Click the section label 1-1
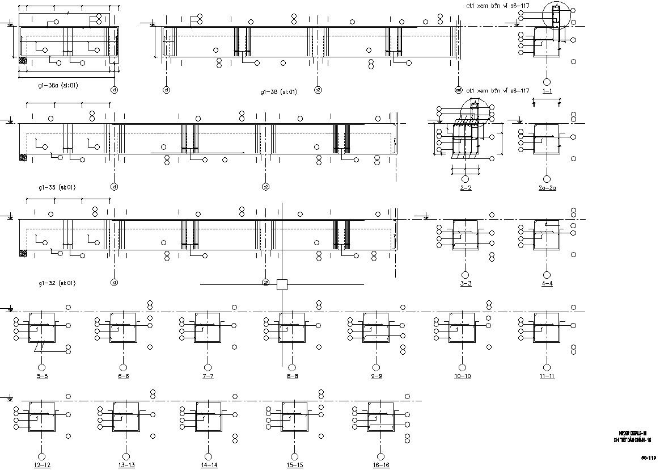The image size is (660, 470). [x=547, y=91]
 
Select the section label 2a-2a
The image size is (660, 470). [x=547, y=187]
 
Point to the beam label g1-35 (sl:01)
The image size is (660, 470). [x=57, y=187]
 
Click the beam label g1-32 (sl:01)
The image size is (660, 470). [x=57, y=283]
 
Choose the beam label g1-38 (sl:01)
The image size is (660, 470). [x=278, y=91]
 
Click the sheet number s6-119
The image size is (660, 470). [x=649, y=457]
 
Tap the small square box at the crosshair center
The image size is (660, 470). [x=282, y=284]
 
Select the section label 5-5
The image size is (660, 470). [x=41, y=376]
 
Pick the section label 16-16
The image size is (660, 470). [x=381, y=465]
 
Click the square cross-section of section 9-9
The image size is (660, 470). [x=376, y=327]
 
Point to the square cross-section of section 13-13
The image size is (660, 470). [x=126, y=416]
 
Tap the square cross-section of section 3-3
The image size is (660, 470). [x=466, y=235]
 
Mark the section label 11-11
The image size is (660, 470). [x=547, y=376]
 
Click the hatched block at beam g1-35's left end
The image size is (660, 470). [x=23, y=157]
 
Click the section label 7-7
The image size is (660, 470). [x=208, y=376]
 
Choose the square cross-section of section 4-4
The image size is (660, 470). [x=547, y=235]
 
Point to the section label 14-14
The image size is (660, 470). [x=209, y=465]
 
